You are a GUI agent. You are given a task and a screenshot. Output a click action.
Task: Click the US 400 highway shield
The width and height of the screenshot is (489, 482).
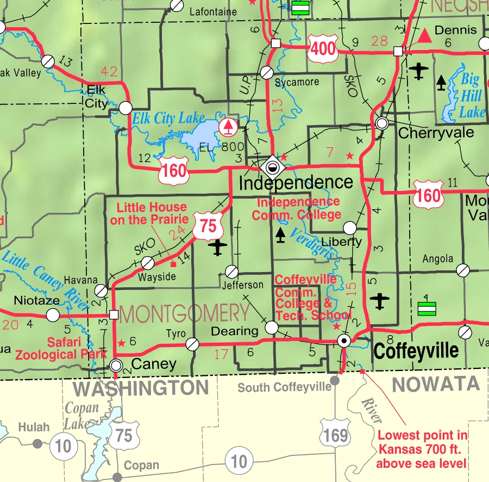click(323, 50)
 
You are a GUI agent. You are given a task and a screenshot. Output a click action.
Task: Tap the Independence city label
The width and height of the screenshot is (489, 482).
click(296, 183)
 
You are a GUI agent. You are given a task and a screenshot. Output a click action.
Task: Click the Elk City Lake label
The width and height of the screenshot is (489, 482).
click(168, 118)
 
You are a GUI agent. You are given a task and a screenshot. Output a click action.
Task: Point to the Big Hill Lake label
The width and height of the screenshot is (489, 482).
click(471, 96)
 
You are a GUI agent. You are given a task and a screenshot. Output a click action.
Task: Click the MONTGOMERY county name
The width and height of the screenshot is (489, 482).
click(184, 314)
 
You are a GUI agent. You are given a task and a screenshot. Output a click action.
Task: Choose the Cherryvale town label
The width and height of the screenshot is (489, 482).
click(436, 133)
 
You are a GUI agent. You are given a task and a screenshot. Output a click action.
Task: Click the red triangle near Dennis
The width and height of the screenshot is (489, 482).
click(424, 36)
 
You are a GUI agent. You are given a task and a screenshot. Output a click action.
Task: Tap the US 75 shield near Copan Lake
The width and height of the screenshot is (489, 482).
click(123, 435)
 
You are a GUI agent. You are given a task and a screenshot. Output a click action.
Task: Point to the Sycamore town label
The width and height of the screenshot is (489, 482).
click(297, 82)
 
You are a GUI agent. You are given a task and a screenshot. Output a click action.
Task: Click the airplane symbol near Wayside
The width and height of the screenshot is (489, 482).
click(218, 248)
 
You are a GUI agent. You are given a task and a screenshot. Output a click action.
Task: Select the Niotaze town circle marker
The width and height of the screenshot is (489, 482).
click(53, 314)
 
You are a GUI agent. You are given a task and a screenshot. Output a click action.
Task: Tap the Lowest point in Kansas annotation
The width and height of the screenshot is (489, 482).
click(422, 449)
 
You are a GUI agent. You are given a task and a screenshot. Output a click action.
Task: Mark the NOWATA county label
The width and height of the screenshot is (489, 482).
click(436, 384)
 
